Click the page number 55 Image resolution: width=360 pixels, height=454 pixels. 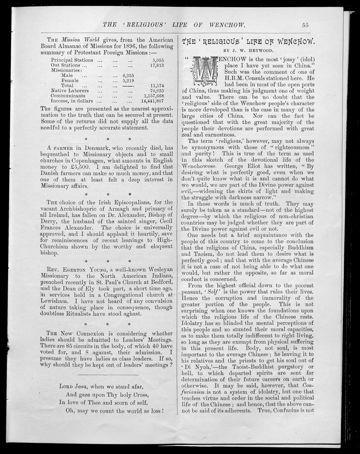click(305, 25)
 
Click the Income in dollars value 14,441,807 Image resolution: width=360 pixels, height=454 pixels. click(152, 101)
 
